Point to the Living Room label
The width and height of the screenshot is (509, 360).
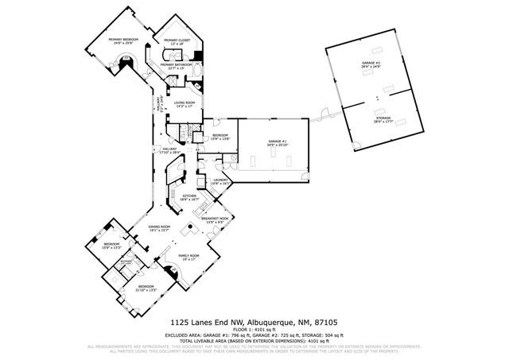[x=185, y=104]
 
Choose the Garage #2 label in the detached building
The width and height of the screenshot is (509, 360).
[x=371, y=65]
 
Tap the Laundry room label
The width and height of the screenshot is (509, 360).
[x=220, y=181]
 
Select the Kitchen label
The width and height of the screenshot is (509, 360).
[x=190, y=198]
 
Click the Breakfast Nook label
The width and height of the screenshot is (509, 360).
[x=216, y=219]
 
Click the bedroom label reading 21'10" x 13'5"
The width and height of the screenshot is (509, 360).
[x=146, y=288]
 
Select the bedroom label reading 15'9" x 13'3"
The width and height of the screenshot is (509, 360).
[x=111, y=246]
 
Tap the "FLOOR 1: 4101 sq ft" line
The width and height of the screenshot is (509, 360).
[x=254, y=329]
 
